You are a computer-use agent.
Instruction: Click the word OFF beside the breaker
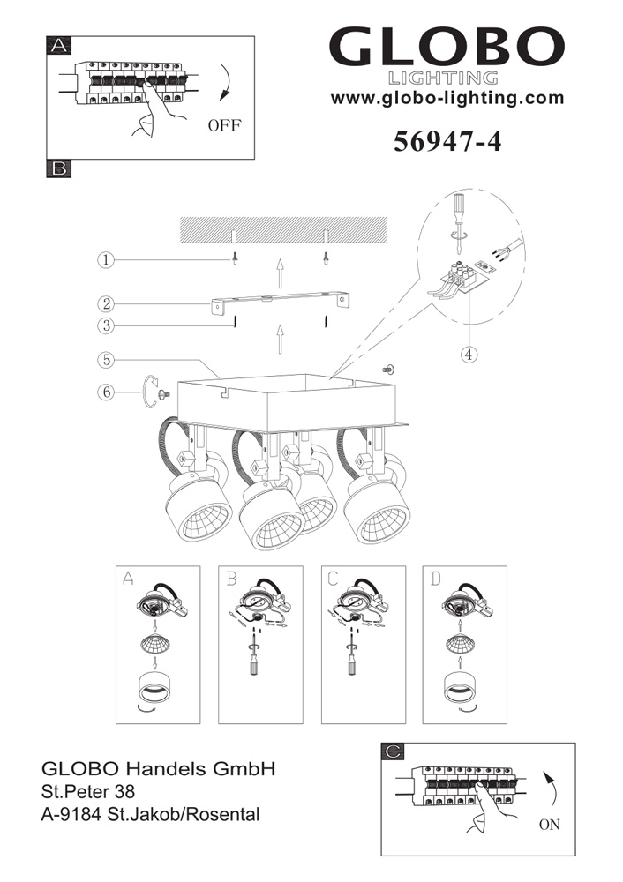pos(224,125)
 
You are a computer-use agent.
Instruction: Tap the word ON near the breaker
pos(549,825)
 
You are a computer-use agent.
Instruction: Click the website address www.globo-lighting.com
pos(447,98)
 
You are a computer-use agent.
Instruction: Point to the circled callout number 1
pos(105,260)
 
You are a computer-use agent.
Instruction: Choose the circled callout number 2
pos(106,304)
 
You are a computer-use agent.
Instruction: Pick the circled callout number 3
pos(106,325)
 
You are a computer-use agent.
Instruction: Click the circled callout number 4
pos(469,355)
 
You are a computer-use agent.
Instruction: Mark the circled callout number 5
pos(106,360)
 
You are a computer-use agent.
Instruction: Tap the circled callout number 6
pos(106,392)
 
